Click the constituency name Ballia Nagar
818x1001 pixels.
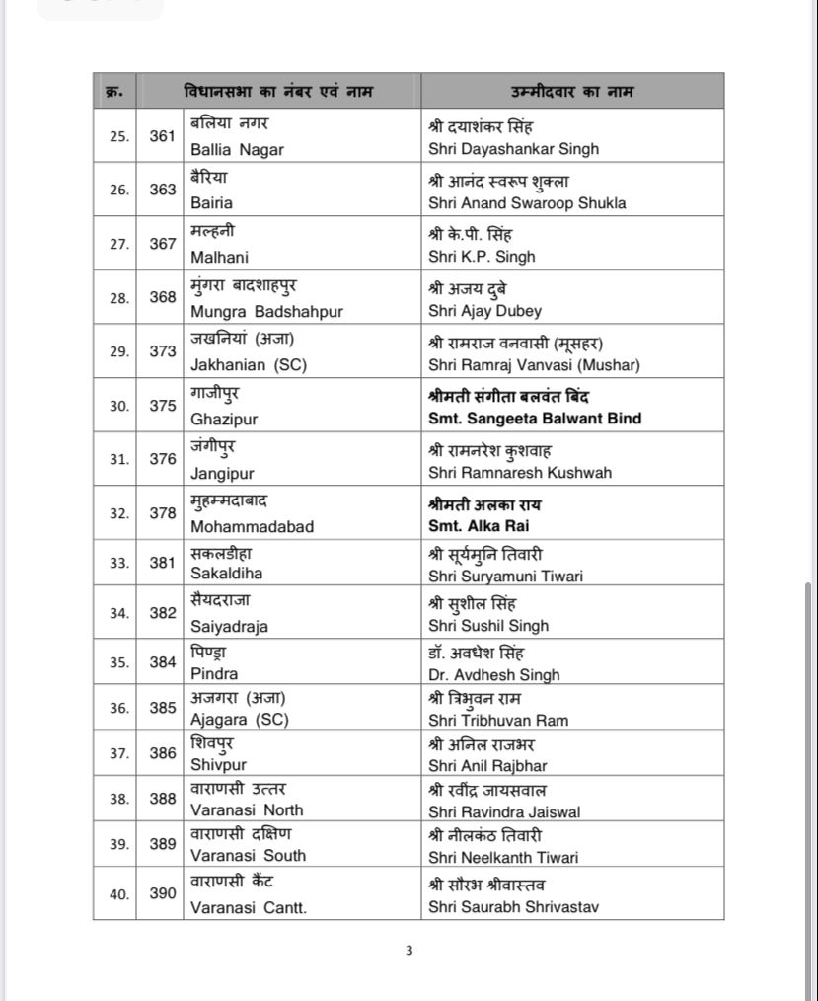click(x=237, y=149)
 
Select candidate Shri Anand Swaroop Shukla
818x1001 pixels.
click(x=527, y=203)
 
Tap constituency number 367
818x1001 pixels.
click(x=163, y=243)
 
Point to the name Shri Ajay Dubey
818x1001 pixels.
click(x=484, y=311)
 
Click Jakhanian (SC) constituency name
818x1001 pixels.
click(x=249, y=364)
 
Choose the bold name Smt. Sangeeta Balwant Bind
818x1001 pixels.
click(x=535, y=419)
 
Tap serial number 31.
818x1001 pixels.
click(x=118, y=459)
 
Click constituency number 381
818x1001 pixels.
click(x=163, y=563)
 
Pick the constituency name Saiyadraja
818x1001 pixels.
click(x=229, y=626)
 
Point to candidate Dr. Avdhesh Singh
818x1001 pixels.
click(x=493, y=675)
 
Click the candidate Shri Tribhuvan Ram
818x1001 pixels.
click(x=498, y=720)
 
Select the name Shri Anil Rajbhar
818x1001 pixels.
click(x=487, y=765)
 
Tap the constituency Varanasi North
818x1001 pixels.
click(x=247, y=810)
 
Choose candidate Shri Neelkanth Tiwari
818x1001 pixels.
click(x=503, y=856)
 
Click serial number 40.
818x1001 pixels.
click(x=118, y=893)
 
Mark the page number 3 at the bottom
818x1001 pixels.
click(x=409, y=951)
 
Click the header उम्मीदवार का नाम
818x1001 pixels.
click(x=572, y=92)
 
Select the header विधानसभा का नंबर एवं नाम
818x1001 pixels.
click(x=280, y=92)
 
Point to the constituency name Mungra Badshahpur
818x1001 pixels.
click(x=266, y=311)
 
